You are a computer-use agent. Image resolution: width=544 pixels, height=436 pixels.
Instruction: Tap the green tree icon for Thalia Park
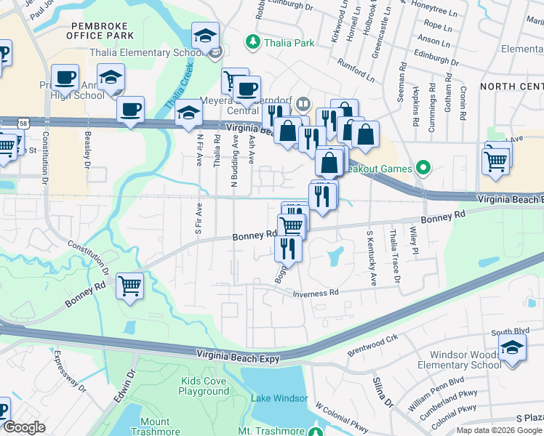[253, 43]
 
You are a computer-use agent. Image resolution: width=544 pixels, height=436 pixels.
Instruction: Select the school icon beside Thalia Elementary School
[206, 37]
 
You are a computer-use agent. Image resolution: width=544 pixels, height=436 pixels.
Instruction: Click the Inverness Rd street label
[316, 293]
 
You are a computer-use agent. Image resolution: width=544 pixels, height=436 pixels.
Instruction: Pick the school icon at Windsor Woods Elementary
[512, 347]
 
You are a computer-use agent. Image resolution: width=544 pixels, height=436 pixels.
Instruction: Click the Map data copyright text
[499, 430]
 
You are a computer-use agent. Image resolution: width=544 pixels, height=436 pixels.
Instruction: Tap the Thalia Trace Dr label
[395, 256]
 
